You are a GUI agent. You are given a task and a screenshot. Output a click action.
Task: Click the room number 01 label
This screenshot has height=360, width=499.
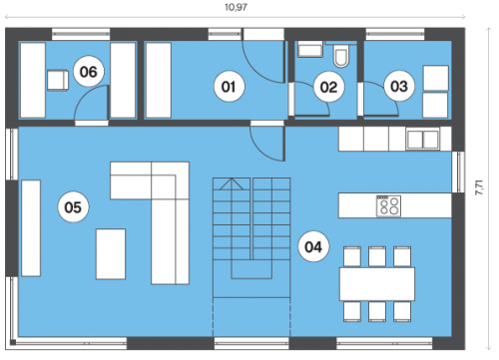coord(229,87)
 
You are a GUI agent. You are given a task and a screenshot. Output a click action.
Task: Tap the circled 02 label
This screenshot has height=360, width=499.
coord(328,87)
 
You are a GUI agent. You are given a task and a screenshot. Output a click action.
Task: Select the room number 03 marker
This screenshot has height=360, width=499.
coord(399,87)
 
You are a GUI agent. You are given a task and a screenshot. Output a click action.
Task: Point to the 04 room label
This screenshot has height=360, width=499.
coord(313,247)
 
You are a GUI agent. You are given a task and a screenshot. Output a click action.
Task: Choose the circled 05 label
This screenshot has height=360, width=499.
coord(73,207)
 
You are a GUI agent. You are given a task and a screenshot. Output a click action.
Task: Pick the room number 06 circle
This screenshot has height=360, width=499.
coord(88,72)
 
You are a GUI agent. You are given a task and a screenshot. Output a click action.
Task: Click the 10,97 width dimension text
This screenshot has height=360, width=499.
coord(236,7)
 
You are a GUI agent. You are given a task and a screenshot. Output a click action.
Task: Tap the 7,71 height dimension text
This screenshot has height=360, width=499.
coord(479,187)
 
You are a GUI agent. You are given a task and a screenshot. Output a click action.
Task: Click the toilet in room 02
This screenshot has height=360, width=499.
coord(341,57)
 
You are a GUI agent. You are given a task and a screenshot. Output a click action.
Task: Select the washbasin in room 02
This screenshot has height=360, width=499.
coord(310,49)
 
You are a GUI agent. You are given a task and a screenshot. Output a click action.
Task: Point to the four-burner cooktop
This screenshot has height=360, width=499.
coord(388,205)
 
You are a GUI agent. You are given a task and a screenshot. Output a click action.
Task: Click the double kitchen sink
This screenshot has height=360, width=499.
coord(423,140)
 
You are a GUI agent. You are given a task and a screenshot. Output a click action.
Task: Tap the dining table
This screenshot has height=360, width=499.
coord(377,284)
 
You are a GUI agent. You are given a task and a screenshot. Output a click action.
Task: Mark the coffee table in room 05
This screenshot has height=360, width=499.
coord(111,254)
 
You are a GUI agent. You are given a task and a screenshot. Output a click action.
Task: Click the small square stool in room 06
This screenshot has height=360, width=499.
coord(58,80)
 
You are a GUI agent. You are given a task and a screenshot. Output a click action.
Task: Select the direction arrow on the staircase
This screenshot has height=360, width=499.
coord(232,183)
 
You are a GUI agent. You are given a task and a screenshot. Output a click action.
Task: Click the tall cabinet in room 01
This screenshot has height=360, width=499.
coord(159,80)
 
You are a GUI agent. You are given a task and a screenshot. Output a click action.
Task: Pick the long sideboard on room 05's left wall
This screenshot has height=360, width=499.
coord(31,228)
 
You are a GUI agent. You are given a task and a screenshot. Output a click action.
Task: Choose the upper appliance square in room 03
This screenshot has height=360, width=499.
coord(435,78)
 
